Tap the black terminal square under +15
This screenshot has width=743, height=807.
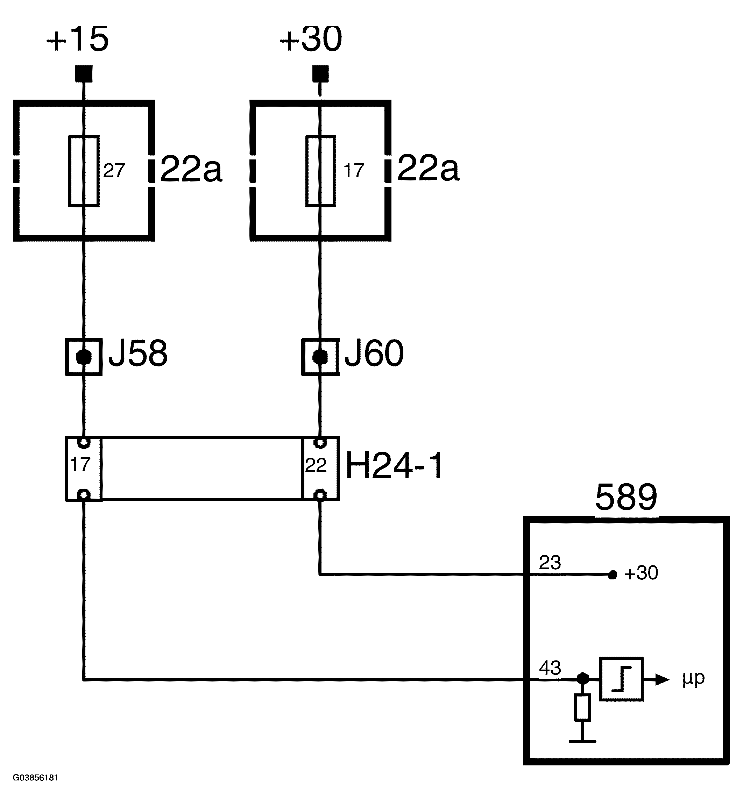(84, 74)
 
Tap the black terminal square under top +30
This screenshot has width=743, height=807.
(320, 74)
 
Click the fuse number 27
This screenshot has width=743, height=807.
(114, 171)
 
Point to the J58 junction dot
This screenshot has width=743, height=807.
(84, 357)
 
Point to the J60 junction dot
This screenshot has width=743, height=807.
(320, 357)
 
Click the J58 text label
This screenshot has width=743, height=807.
(138, 353)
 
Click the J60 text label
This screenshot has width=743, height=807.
(374, 353)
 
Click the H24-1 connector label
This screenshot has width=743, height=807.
(394, 466)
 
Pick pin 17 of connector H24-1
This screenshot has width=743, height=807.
(80, 465)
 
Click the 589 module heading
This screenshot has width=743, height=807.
(626, 498)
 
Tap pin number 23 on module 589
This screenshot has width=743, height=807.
(550, 563)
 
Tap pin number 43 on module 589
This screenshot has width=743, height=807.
(550, 668)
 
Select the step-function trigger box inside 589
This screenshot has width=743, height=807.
(621, 679)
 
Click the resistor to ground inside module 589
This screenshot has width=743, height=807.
(582, 707)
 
